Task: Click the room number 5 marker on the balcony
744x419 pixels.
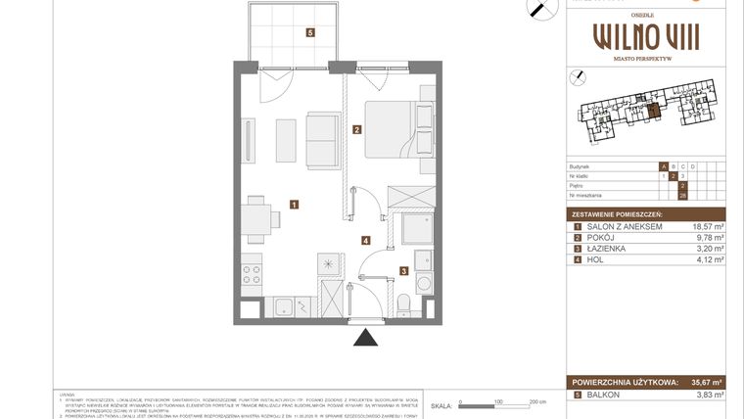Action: tap(310, 32)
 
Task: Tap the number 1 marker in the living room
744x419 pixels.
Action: tap(294, 205)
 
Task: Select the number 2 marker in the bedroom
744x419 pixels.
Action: tap(357, 129)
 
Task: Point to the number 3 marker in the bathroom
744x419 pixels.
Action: tap(401, 271)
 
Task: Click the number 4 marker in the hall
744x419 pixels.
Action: tap(365, 240)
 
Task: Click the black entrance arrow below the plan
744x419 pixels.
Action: tap(366, 338)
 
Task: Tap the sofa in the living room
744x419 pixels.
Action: tap(322, 140)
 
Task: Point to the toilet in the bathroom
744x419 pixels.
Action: tap(404, 304)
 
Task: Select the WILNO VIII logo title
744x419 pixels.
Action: tap(646, 38)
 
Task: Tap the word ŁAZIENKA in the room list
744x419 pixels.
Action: tap(609, 249)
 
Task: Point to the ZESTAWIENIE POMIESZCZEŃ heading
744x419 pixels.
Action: tap(618, 214)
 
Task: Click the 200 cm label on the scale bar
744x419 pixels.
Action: tap(536, 401)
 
